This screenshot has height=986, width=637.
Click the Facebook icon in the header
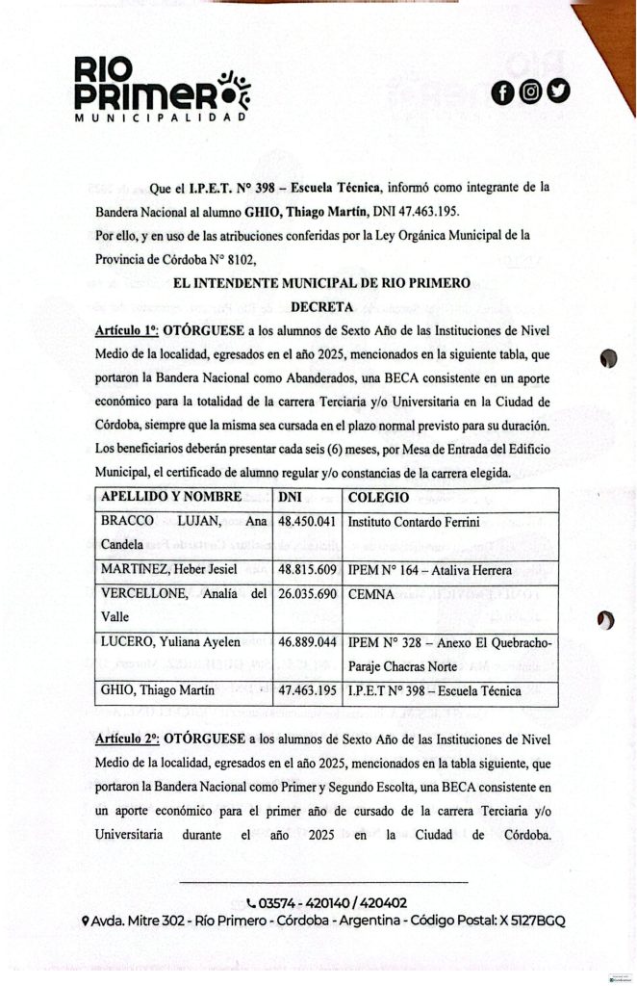point(501,92)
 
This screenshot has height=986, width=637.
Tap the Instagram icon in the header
point(530,92)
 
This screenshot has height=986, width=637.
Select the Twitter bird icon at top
point(559,91)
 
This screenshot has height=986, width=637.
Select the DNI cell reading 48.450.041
point(306,521)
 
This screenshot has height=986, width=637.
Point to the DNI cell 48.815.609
point(306,569)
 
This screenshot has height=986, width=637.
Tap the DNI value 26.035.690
point(306,594)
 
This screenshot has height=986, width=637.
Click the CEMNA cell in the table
point(370,594)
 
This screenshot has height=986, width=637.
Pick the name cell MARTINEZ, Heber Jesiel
point(169,569)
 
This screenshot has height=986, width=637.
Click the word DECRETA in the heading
point(322,307)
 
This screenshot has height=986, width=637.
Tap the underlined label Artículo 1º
point(128,330)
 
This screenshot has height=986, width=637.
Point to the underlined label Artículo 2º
point(128,739)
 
